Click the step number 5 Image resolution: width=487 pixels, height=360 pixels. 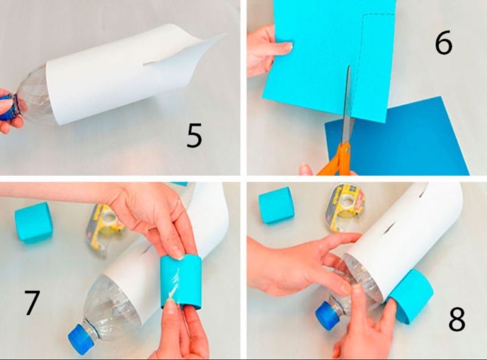pos(194,135)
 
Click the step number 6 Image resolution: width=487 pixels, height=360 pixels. pos(444,43)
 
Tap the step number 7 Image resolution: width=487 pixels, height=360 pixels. pos(32,303)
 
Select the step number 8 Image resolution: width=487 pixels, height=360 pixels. pos(457,319)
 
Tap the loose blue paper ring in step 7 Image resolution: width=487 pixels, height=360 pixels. pos(33,222)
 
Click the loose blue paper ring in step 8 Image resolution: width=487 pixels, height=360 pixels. pos(276,205)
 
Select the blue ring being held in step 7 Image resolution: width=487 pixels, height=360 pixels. pos(181,281)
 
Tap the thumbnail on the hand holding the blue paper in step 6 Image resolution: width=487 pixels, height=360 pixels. pos(289,46)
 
